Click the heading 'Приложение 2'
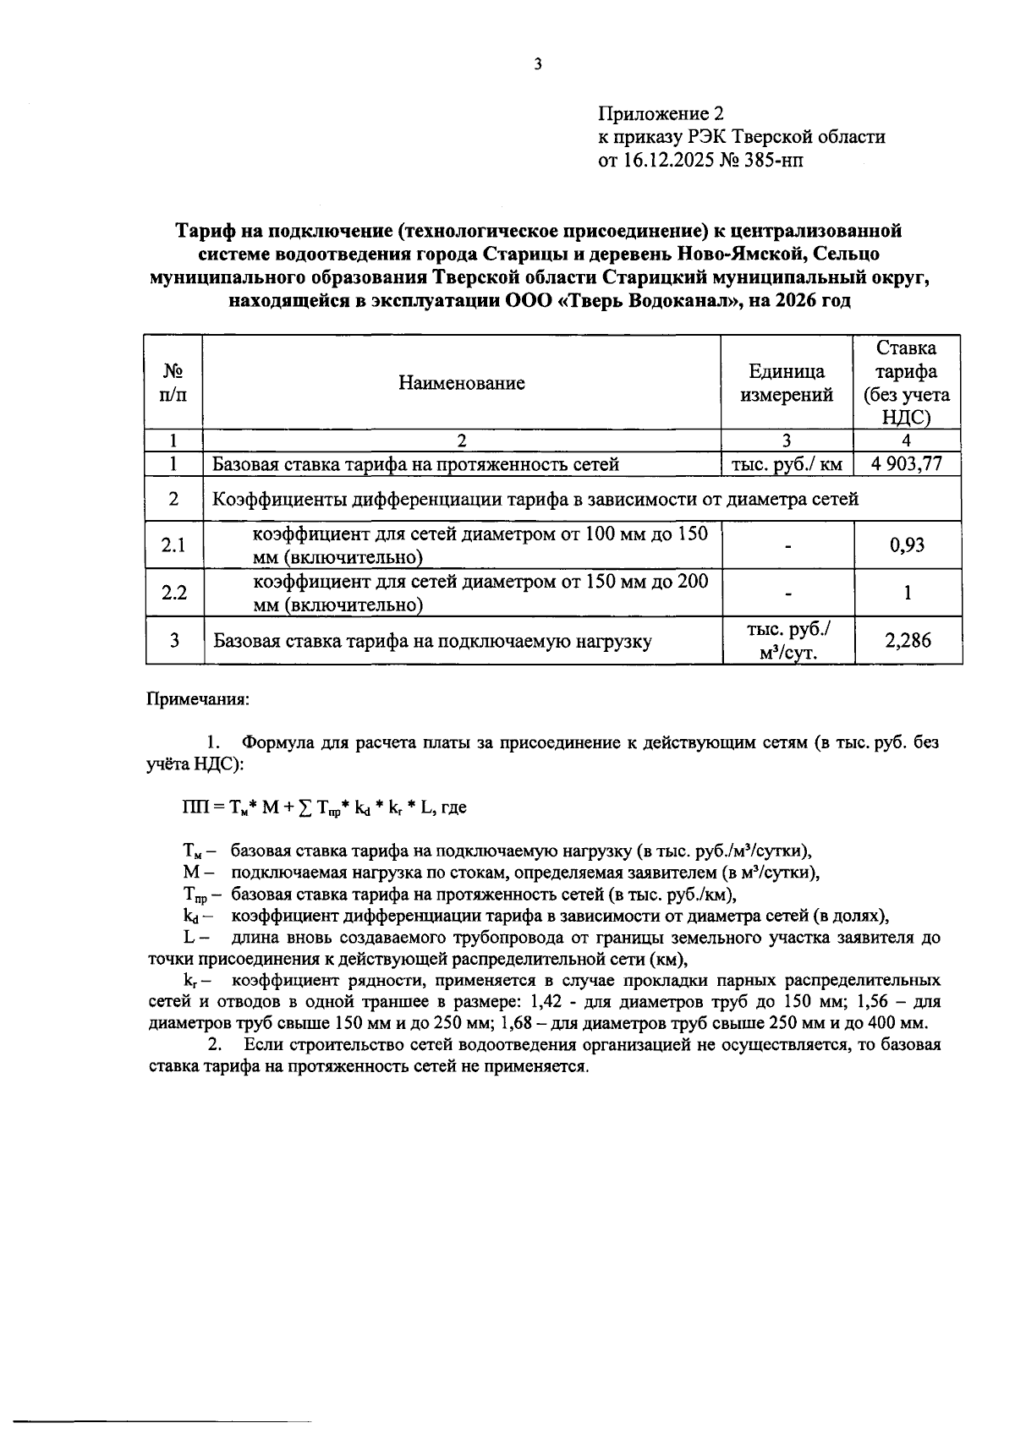(x=661, y=113)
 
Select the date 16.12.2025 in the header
(x=668, y=161)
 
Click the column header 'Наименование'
(x=462, y=383)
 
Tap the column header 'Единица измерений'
(x=787, y=383)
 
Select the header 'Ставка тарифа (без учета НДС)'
(x=907, y=383)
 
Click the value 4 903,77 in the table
(x=907, y=464)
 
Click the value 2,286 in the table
(x=907, y=641)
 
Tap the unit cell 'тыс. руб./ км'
(x=787, y=464)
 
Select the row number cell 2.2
(x=173, y=593)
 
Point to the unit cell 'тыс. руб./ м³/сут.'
(x=787, y=641)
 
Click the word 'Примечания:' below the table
(x=198, y=699)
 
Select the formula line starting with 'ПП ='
(x=324, y=807)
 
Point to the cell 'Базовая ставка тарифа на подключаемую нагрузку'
(x=432, y=641)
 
